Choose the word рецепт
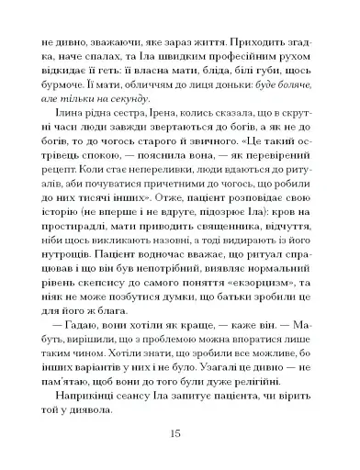pos(55,197)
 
